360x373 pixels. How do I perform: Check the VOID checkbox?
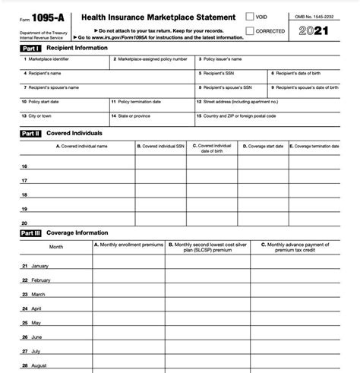coord(251,16)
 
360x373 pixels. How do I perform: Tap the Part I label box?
coord(31,48)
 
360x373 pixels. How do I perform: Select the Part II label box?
coord(31,133)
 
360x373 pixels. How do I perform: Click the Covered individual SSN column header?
coord(161,145)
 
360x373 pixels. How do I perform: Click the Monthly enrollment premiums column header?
coord(128,245)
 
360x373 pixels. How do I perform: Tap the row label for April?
coord(36,308)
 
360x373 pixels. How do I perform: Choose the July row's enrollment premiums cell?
coord(128,351)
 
